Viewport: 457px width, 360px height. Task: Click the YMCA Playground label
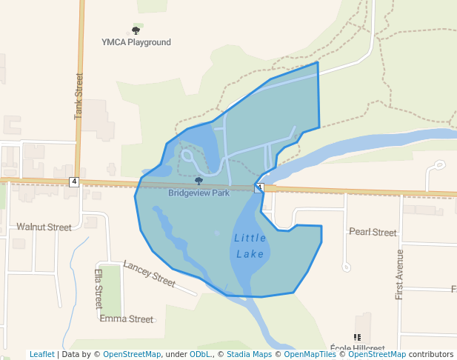[136, 42]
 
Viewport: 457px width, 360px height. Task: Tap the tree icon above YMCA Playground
[136, 30]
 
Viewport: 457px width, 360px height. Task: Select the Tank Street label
[78, 96]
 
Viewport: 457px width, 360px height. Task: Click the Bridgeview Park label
[199, 193]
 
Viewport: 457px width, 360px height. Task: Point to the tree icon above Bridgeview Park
[199, 181]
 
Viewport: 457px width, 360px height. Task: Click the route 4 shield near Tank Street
[74, 181]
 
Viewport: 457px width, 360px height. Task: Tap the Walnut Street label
[44, 227]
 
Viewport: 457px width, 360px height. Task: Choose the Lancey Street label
[149, 274]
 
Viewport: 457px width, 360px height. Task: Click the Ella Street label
[99, 289]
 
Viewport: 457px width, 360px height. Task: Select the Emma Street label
[126, 319]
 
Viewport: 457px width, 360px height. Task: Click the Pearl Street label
[373, 232]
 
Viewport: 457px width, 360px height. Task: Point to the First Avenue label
[400, 274]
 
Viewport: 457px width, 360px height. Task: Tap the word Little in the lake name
[250, 238]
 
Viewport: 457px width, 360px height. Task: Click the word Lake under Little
[250, 254]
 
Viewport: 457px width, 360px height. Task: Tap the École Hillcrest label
[358, 348]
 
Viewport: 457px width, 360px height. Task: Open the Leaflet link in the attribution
[41, 354]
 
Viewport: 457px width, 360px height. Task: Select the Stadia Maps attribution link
[249, 354]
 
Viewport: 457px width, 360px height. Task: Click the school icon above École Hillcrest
[358, 338]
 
